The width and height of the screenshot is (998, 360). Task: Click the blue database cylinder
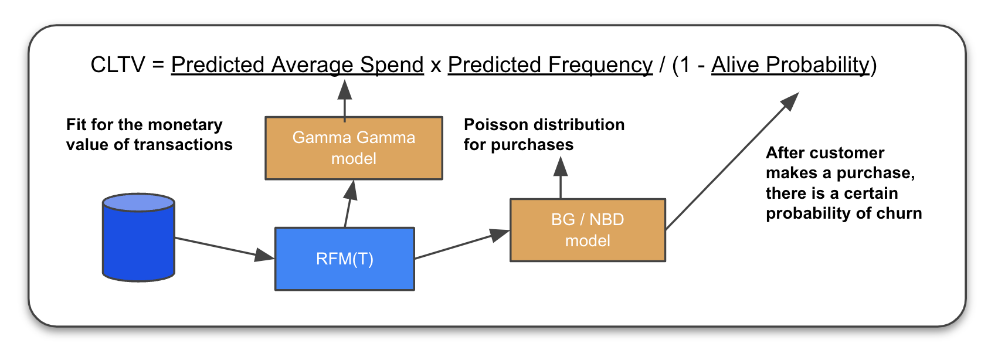click(138, 237)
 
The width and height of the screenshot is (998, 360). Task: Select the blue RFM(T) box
click(345, 259)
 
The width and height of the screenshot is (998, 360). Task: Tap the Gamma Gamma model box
click(354, 148)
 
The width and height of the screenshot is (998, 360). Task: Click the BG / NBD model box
click(588, 230)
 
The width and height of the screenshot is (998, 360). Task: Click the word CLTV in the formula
click(117, 64)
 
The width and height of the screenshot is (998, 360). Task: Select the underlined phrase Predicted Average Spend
click(297, 64)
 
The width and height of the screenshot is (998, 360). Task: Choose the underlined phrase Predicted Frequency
click(550, 64)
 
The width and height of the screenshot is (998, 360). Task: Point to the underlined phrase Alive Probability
click(790, 64)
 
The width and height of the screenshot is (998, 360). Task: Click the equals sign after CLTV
click(158, 64)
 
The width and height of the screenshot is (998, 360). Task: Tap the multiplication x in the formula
click(436, 66)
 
